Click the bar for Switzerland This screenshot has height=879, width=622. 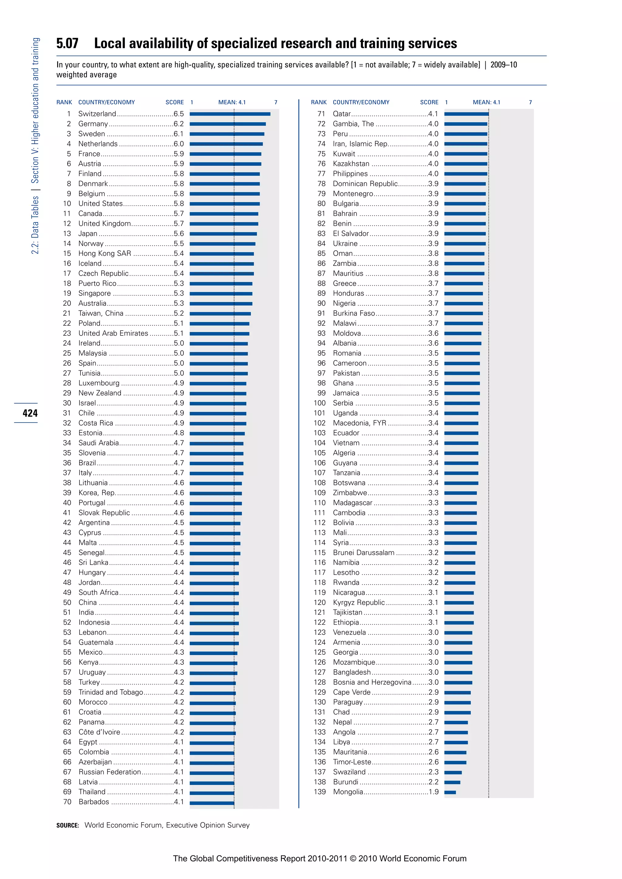[230, 114]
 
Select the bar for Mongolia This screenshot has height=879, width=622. [450, 792]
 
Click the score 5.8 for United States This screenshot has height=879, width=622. [179, 204]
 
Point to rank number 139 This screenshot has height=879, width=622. [320, 792]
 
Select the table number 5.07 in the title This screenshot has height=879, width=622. [67, 44]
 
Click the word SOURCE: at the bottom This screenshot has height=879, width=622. [67, 825]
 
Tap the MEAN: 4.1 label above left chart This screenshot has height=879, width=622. [232, 102]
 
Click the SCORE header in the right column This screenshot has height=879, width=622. [429, 102]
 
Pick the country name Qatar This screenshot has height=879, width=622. [342, 114]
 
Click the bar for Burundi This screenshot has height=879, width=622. [452, 782]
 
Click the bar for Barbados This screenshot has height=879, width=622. [212, 802]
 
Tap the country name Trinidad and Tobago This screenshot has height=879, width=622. [111, 692]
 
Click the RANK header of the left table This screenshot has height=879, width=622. [64, 102]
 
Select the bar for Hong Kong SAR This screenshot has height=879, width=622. [222, 254]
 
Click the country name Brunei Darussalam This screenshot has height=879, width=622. [364, 552]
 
